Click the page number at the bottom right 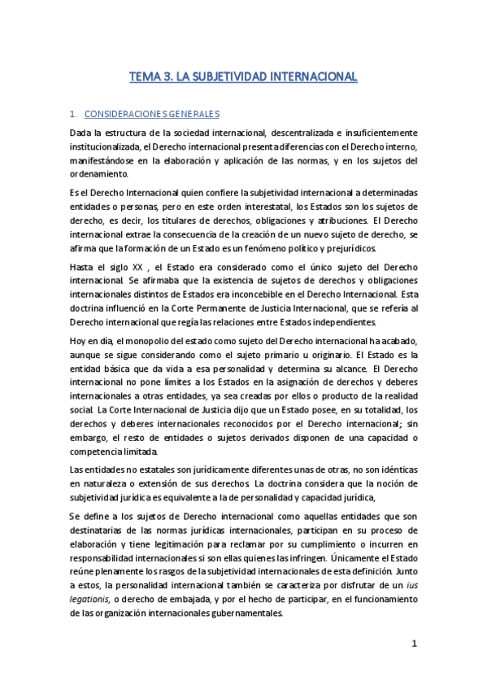[x=414, y=644]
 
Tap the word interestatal [x=267, y=206]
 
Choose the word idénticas [x=394, y=469]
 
